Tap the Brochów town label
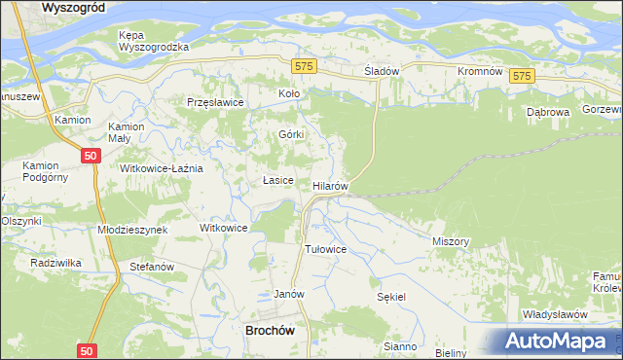point(267,330)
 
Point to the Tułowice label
point(326,249)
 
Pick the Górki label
point(291,134)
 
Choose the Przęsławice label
point(213,101)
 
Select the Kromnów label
point(479,72)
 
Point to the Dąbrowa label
point(547,112)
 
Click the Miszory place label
point(451,240)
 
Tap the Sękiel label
point(390,296)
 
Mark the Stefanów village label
point(151,266)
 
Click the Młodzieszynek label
point(132,229)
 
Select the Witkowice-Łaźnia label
point(161,168)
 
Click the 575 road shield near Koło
point(304,65)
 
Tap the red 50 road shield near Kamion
point(91,156)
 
